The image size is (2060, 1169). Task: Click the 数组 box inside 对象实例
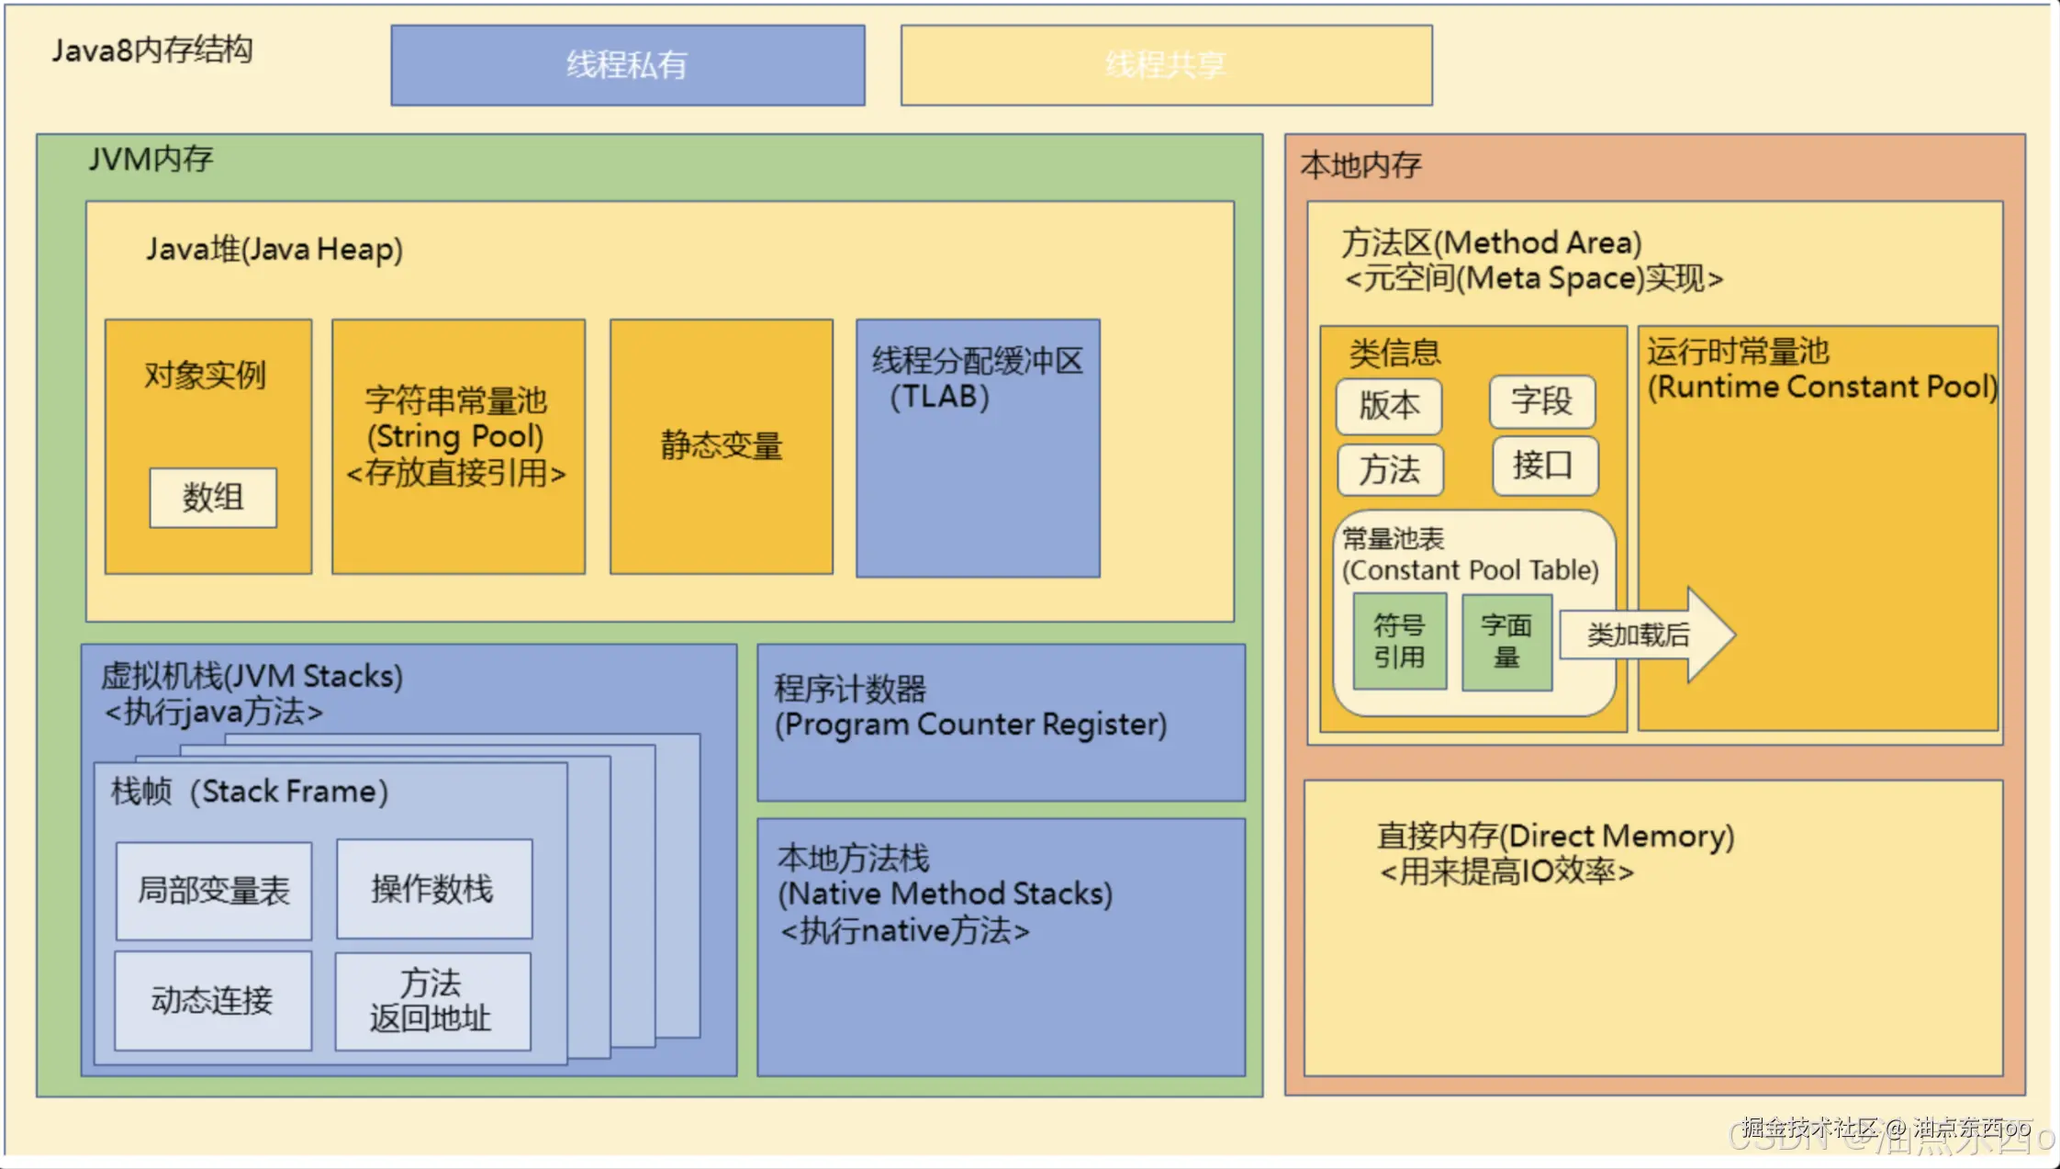[213, 498]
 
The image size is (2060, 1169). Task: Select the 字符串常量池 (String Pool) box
[457, 446]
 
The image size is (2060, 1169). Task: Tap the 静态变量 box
[722, 446]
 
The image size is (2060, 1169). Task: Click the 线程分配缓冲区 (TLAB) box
[978, 448]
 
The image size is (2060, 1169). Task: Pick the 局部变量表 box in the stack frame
[213, 890]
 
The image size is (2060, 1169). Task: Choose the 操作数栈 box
[433, 888]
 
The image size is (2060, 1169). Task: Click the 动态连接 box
[212, 1000]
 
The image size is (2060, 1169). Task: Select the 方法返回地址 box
[432, 1001]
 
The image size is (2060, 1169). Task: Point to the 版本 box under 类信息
[1389, 406]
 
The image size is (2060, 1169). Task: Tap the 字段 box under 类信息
[1542, 401]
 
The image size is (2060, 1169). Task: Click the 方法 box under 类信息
[1390, 470]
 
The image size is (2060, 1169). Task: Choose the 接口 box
[1544, 466]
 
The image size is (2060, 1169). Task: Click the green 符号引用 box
[1400, 641]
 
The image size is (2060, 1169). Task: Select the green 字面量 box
[1506, 641]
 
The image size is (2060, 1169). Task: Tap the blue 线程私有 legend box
[627, 65]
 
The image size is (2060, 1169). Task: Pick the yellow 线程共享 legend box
[1166, 65]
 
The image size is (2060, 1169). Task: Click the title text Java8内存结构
[152, 50]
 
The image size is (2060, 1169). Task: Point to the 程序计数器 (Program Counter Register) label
[969, 706]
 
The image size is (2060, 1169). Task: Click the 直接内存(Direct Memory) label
[1555, 836]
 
